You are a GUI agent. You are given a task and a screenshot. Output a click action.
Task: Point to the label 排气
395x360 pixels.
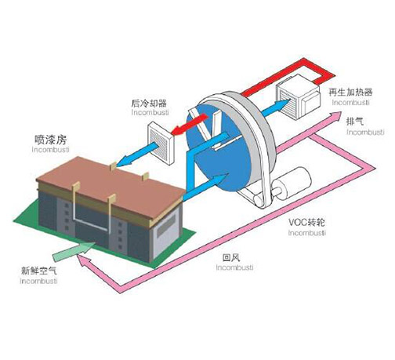point(353,123)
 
